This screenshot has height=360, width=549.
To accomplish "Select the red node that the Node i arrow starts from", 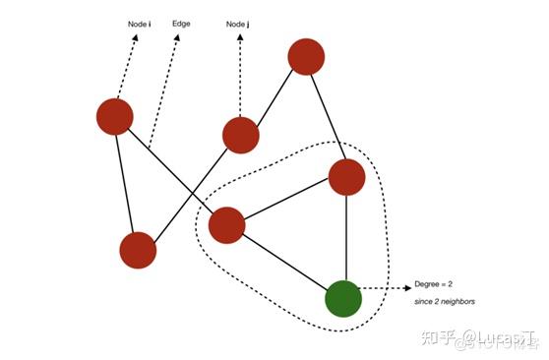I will point(115,117).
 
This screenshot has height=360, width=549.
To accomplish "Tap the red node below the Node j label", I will point(241,135).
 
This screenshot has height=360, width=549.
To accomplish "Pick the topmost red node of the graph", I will point(307,56).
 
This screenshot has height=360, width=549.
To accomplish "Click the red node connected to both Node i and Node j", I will point(138,250).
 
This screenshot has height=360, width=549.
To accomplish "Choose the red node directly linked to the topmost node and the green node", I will point(346,177).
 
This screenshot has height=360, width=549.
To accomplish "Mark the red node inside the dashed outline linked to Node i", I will point(226,225).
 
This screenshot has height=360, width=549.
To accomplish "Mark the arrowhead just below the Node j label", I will point(240,40).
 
